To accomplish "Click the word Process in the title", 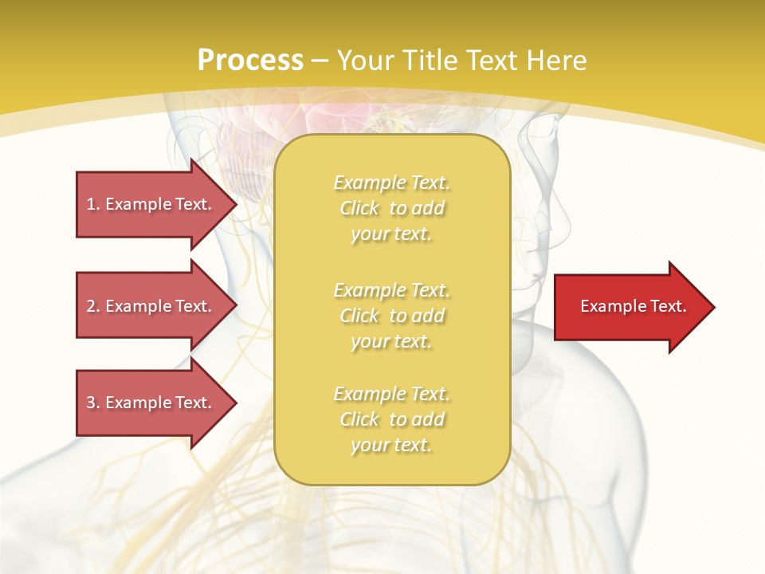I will click(250, 61).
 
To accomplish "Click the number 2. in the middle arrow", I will click(93, 306).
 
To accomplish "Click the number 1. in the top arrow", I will click(92, 204).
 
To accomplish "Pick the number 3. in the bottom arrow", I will click(93, 403).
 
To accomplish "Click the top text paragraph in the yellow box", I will click(391, 208).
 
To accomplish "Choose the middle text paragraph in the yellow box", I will click(391, 316).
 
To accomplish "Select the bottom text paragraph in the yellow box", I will click(391, 419).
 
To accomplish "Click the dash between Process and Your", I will click(320, 61).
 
